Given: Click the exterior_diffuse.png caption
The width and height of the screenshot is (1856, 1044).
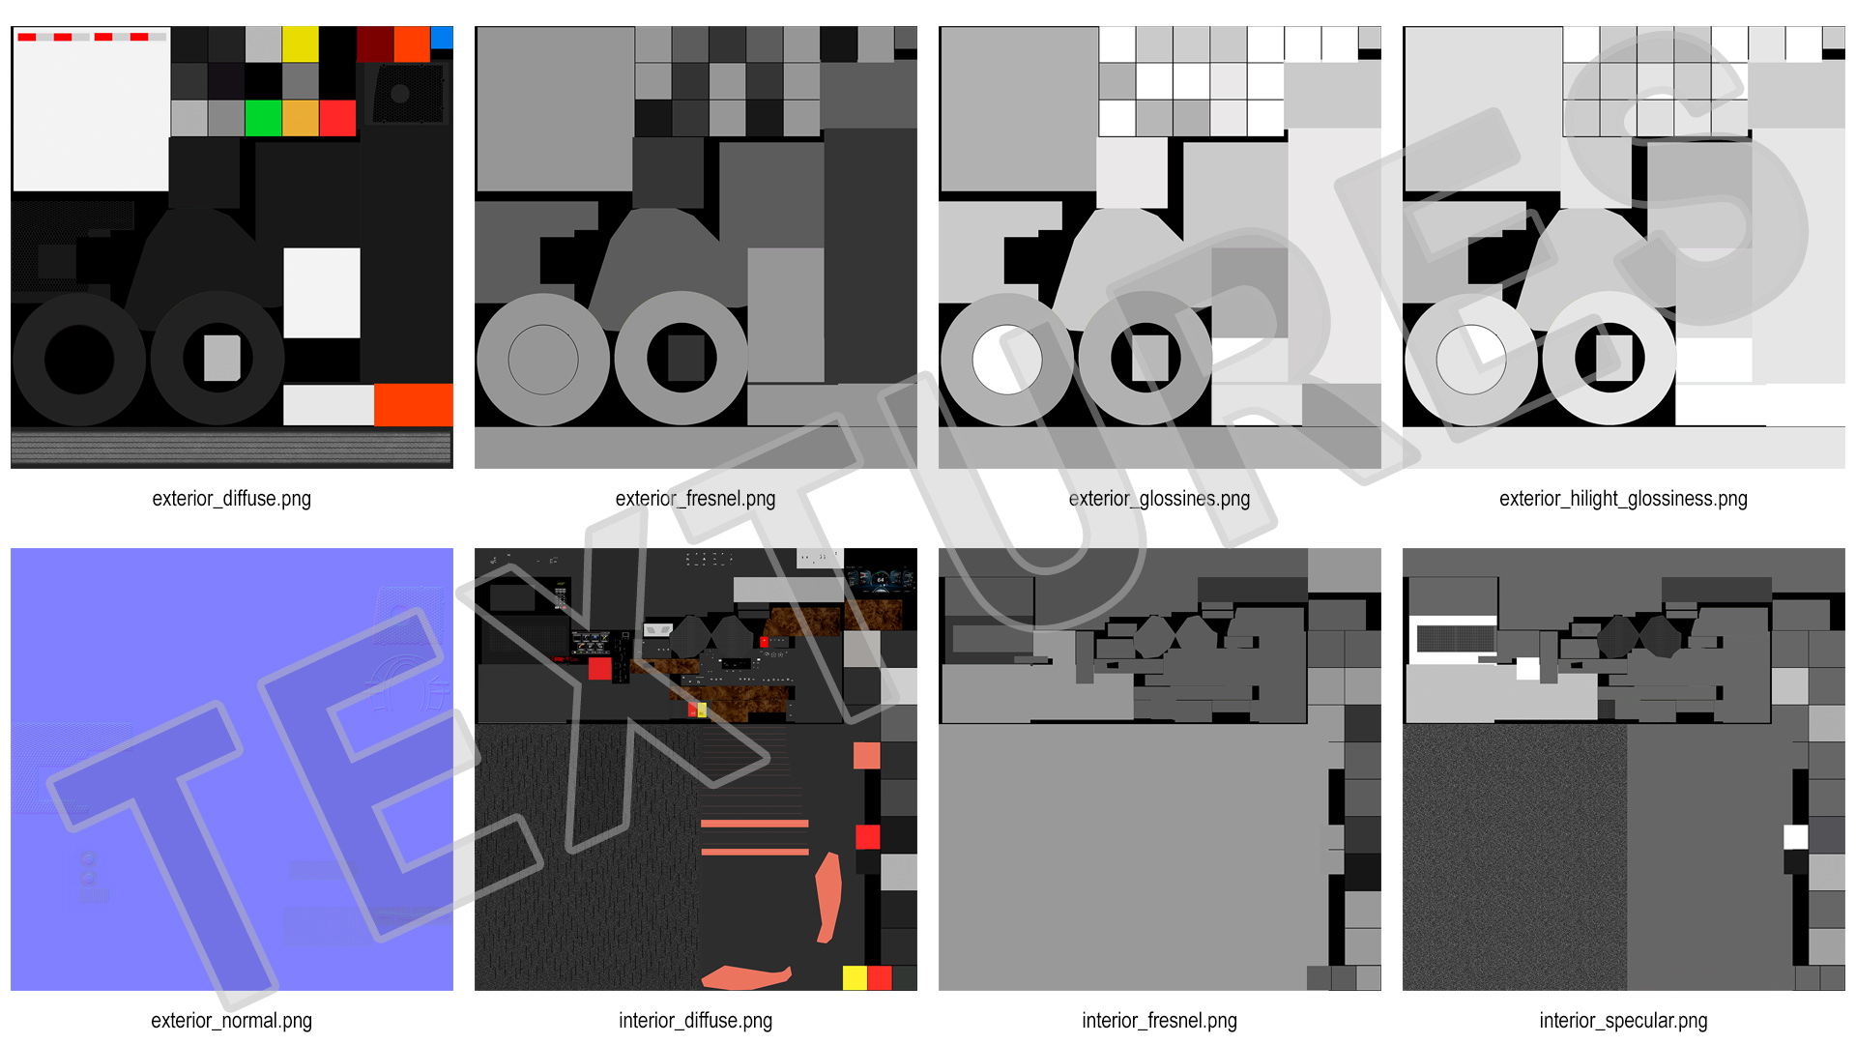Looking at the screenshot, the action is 231,499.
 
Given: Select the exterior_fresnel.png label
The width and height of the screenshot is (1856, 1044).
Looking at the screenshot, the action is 695,499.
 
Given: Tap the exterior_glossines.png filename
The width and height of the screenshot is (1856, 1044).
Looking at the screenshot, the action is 1159,499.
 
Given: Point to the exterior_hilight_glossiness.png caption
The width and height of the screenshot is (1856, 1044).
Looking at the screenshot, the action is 1623,499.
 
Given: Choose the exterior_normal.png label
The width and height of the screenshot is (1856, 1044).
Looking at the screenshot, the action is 231,1021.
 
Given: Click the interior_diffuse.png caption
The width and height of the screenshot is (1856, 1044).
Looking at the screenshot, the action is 695,1021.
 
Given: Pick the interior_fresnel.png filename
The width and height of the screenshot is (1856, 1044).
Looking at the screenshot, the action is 1159,1021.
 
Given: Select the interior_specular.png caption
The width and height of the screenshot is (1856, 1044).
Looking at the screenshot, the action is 1623,1021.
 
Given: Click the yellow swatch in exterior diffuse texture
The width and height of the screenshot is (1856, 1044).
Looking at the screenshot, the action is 301,44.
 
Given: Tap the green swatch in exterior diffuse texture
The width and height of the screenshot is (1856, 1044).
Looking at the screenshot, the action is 263,118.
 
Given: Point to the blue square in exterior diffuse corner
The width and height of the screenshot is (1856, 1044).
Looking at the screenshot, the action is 442,37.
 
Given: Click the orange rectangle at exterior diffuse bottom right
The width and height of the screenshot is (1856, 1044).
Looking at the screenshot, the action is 414,405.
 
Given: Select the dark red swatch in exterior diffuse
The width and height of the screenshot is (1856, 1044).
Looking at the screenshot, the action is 375,44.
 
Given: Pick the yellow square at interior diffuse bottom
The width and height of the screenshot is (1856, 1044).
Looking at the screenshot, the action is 855,977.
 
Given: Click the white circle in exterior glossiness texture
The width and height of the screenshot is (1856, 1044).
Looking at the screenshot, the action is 1006,360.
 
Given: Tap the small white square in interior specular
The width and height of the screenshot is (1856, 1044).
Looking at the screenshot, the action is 1795,837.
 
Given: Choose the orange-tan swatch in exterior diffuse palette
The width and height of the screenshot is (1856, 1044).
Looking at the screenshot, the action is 301,118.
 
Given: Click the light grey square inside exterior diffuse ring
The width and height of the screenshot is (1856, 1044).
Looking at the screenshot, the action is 222,358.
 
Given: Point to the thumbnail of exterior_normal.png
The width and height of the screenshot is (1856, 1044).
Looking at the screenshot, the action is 232,769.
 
